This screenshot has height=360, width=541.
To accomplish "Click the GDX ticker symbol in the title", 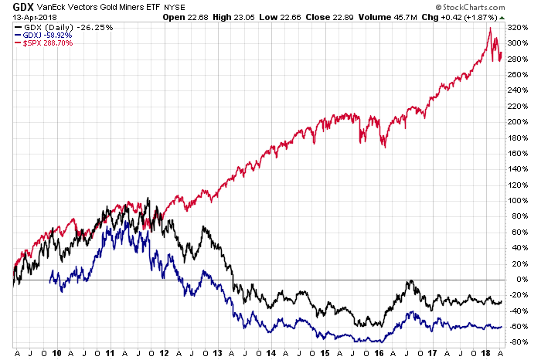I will pyautogui.click(x=12, y=6).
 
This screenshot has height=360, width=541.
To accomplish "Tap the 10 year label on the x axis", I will pyautogui.click(x=56, y=352).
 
